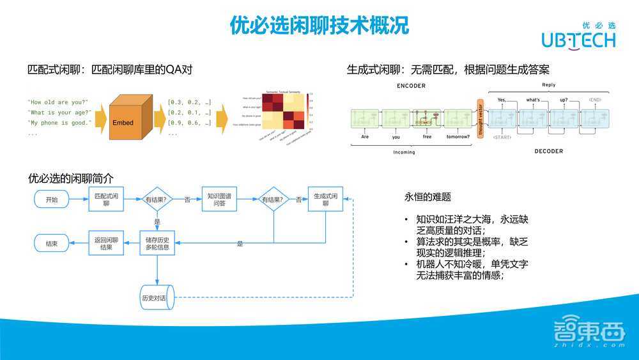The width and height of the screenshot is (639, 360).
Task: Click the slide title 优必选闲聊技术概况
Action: [319, 26]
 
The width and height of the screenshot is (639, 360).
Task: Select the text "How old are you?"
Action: [58, 102]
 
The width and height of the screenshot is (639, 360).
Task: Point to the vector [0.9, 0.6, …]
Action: [189, 123]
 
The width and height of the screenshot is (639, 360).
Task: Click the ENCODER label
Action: [411, 86]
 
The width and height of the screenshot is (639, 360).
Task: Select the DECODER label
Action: [548, 152]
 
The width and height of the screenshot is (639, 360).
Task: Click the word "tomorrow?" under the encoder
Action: [457, 136]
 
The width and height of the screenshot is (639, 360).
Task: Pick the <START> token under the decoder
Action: [502, 137]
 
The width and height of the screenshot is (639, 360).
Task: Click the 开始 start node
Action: [51, 200]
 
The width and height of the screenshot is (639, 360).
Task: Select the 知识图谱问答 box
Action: [219, 200]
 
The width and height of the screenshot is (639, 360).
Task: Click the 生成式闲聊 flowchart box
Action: [325, 200]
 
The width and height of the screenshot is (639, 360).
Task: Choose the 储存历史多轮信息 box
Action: [157, 243]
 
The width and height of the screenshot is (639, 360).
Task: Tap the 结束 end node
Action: [51, 244]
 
